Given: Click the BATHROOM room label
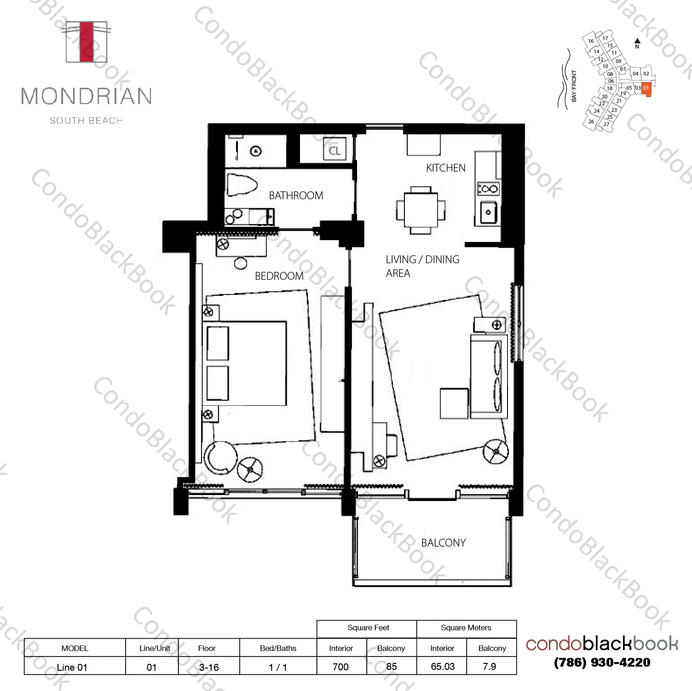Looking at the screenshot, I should point(296,196).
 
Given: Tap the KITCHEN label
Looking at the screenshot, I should point(445,168).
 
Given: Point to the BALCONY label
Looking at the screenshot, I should point(443,543).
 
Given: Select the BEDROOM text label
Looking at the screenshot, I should point(279,276).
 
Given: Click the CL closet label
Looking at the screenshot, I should point(334,151).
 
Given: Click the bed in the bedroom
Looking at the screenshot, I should point(246,363).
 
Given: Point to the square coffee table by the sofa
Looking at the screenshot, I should point(454,403).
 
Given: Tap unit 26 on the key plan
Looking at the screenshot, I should point(591,122).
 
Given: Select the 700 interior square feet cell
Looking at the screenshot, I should point(340,667).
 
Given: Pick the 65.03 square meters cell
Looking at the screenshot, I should point(442,667).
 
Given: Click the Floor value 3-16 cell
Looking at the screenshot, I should point(208,667).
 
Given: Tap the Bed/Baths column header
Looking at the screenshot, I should point(278,648).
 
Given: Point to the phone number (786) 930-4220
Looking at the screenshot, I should point(602,662).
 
